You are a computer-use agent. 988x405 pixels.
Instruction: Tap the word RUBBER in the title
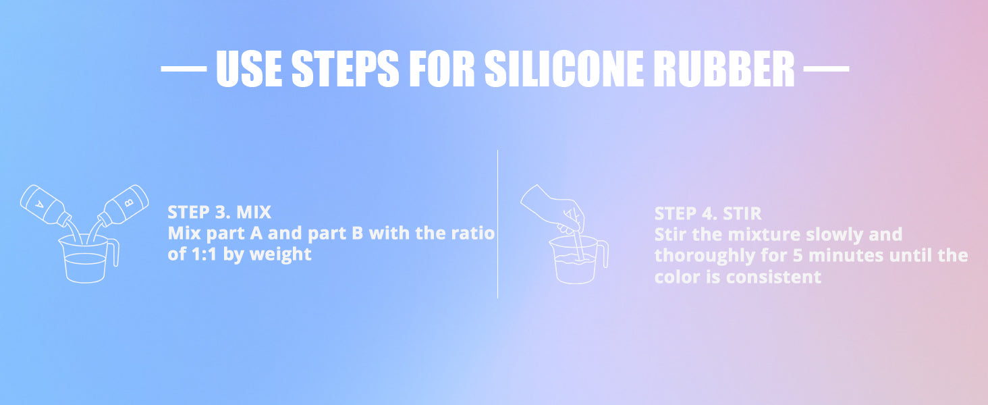point(724,68)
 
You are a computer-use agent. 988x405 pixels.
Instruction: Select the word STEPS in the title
point(346,68)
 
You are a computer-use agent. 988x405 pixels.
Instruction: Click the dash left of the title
point(184,69)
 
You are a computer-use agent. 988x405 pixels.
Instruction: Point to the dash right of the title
point(826,69)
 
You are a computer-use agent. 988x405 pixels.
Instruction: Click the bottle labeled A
point(45,206)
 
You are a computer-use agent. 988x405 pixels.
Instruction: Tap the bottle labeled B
point(123,206)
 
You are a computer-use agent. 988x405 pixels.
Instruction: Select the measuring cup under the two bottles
point(86,259)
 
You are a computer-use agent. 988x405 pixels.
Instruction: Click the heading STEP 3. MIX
point(219,213)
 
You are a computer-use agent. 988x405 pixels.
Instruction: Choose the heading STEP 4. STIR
point(708,213)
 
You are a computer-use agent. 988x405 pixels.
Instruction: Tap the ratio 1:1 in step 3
point(204,254)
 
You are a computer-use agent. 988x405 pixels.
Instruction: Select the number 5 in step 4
point(798,256)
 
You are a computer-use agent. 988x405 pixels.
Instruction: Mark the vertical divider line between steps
point(497,224)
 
